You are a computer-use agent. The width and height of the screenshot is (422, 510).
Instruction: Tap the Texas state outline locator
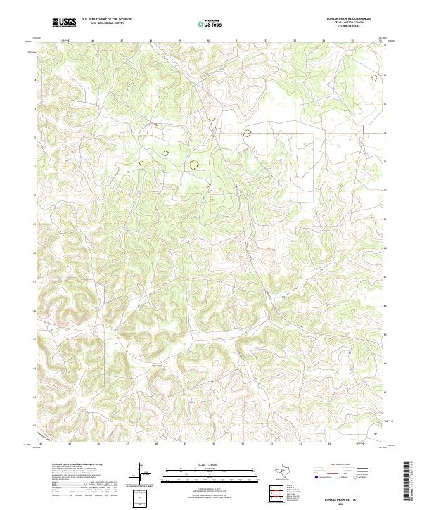[x=289, y=469]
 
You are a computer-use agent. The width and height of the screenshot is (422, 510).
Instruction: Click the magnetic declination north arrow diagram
[x=143, y=473]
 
